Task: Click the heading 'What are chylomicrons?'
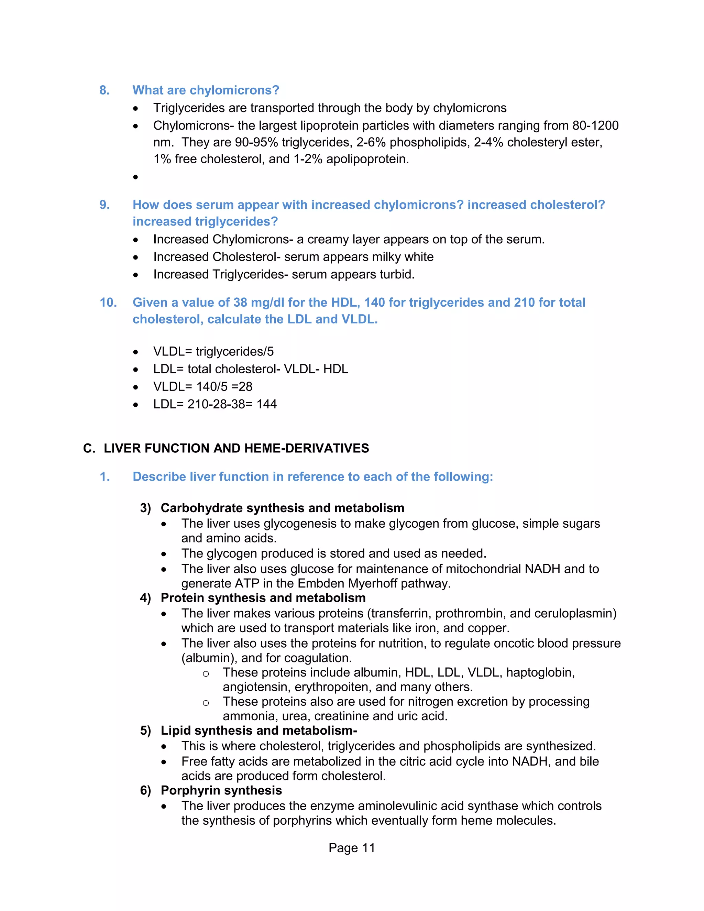click(x=206, y=90)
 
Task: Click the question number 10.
click(x=108, y=303)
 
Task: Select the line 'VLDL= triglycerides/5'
click(x=213, y=352)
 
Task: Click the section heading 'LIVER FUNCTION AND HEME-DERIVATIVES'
click(x=236, y=448)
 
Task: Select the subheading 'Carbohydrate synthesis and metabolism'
click(x=282, y=508)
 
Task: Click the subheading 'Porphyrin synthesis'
click(x=221, y=790)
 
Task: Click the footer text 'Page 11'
click(x=352, y=848)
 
